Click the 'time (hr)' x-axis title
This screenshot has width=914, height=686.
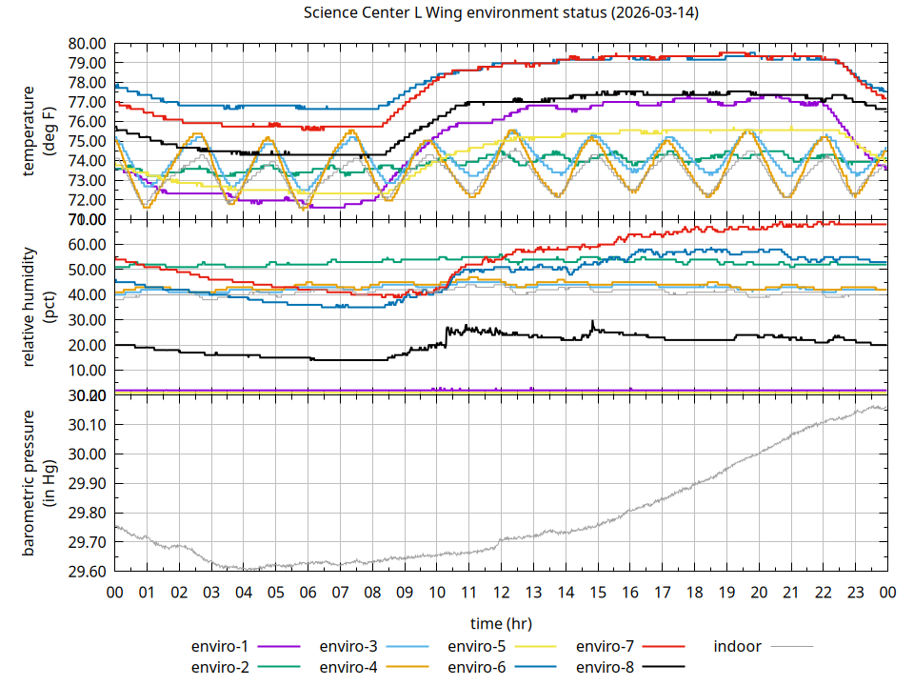click(501, 623)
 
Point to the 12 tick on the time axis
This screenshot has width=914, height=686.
click(501, 592)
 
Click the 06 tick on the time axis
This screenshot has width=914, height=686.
click(308, 592)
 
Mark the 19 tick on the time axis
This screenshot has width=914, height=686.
click(726, 592)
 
